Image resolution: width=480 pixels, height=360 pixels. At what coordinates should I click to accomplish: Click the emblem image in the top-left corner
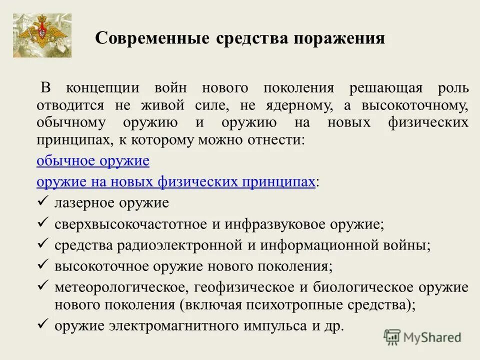tap(42, 35)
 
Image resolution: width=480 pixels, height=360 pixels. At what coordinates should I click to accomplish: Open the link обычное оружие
tap(93, 161)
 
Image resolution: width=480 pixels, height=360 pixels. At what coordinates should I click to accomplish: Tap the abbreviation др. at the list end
tap(335, 326)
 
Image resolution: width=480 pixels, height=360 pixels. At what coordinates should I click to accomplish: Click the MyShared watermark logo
tap(422, 337)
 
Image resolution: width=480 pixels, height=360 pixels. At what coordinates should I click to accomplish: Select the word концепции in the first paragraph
tap(103, 88)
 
